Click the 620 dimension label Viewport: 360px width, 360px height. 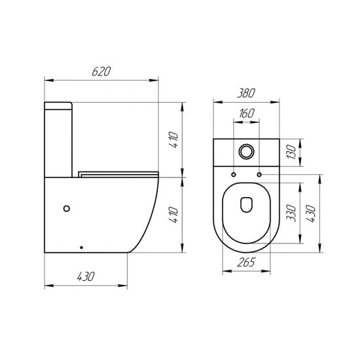pos(101,71)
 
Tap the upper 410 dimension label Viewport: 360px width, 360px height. pos(174,140)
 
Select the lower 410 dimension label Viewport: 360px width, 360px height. pos(174,215)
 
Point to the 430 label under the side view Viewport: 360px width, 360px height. pos(85,277)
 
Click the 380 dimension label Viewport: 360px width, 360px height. pos(246,93)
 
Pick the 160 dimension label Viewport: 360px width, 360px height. pos(247,113)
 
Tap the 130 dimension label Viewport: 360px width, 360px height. pos(291,152)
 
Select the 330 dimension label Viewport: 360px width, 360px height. pos(291,213)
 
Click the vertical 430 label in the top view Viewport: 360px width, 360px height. pos(312,213)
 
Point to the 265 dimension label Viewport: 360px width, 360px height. pos(246,262)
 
